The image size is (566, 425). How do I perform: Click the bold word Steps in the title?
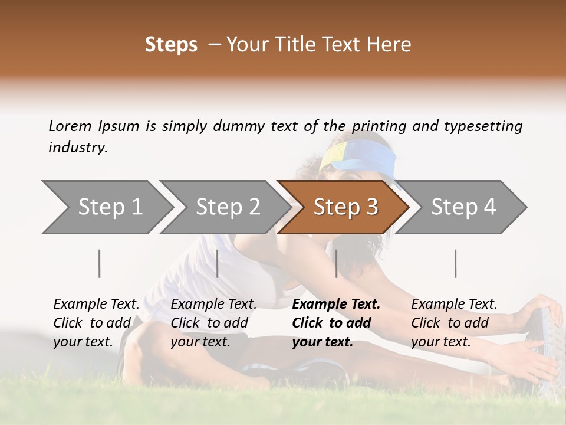171,45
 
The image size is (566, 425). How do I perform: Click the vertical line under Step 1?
100,263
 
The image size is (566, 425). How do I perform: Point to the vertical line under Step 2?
218,263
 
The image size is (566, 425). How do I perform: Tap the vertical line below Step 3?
337,263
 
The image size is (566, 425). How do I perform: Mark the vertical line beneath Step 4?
456,263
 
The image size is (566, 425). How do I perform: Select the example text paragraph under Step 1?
96,323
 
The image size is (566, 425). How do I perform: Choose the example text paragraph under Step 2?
213,323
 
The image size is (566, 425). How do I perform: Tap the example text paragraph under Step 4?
454,323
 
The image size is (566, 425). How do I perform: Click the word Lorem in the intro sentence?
70,126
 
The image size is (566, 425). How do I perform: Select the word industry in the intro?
78,148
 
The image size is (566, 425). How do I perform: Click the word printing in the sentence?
377,126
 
